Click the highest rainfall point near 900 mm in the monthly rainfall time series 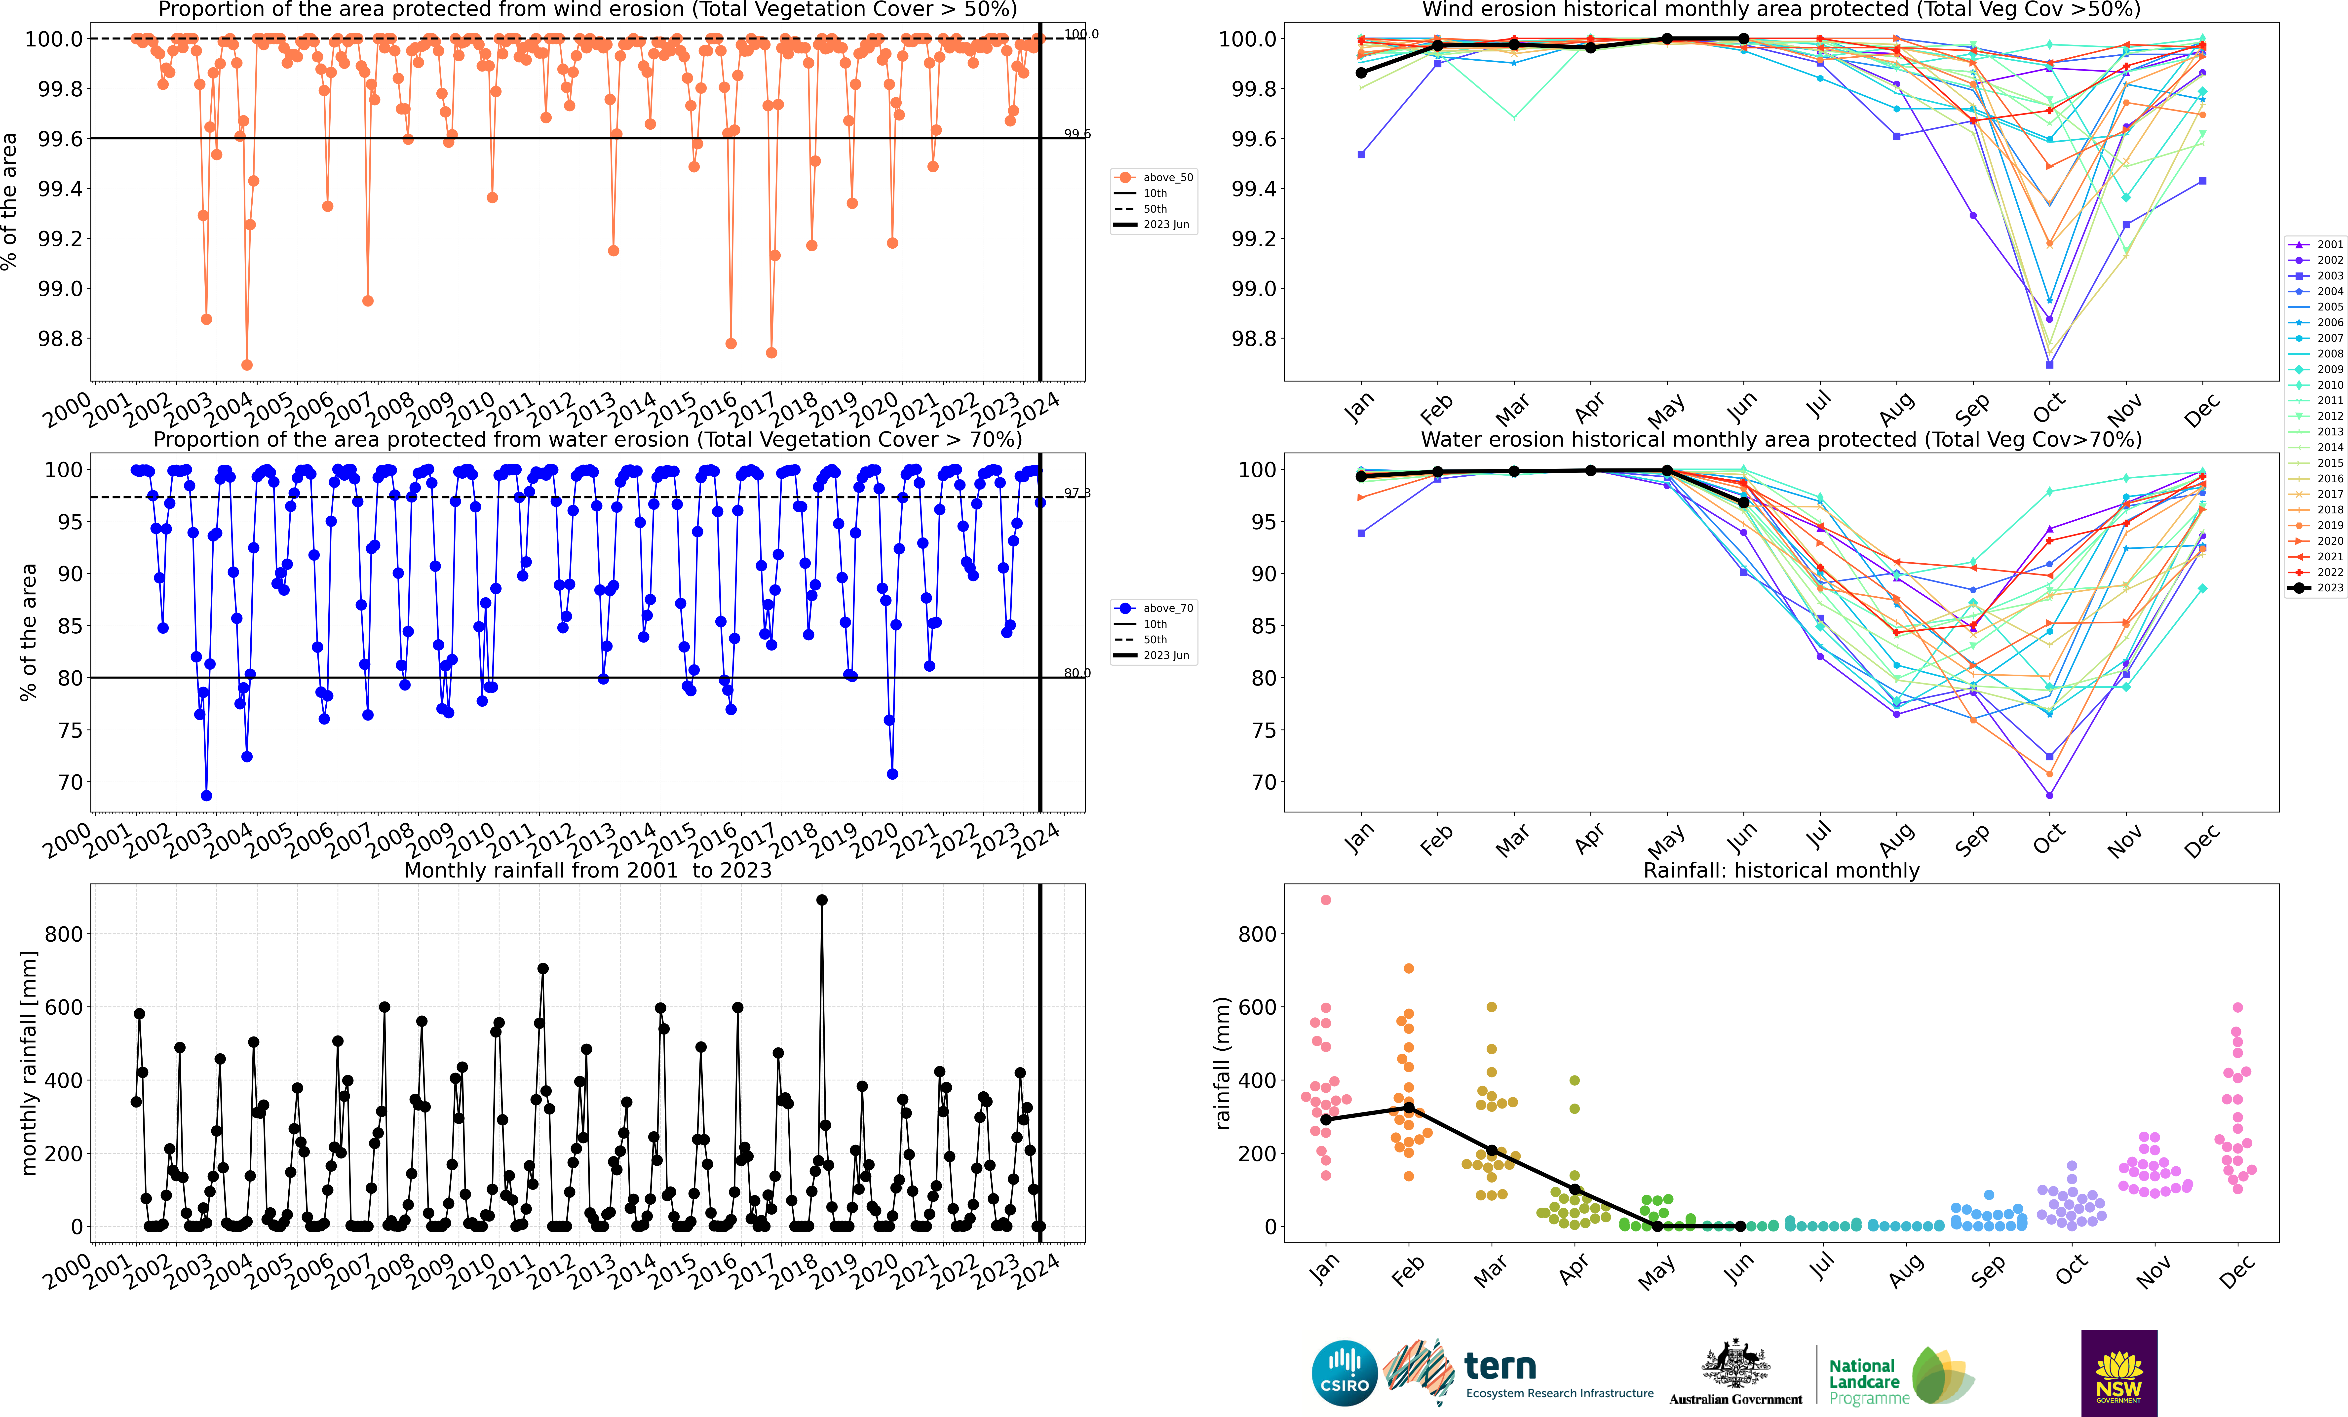pyautogui.click(x=821, y=900)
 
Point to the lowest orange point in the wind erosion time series pyautogui.click(x=247, y=365)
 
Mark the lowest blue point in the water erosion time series pyautogui.click(x=207, y=796)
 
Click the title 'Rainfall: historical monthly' pyautogui.click(x=1781, y=870)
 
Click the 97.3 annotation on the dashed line pyautogui.click(x=1077, y=493)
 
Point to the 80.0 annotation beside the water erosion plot pyautogui.click(x=1077, y=673)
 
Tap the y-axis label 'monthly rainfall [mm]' pyautogui.click(x=29, y=1063)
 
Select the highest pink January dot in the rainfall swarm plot pyautogui.click(x=1325, y=900)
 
